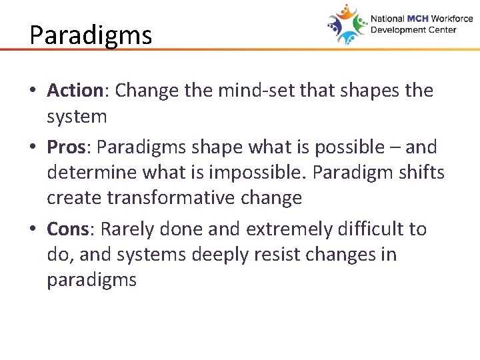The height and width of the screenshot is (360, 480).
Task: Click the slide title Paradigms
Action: click(x=91, y=34)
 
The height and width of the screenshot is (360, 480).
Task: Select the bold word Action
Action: click(x=73, y=91)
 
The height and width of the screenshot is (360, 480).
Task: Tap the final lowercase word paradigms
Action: click(x=91, y=281)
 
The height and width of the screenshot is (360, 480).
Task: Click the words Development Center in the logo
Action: click(x=422, y=30)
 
